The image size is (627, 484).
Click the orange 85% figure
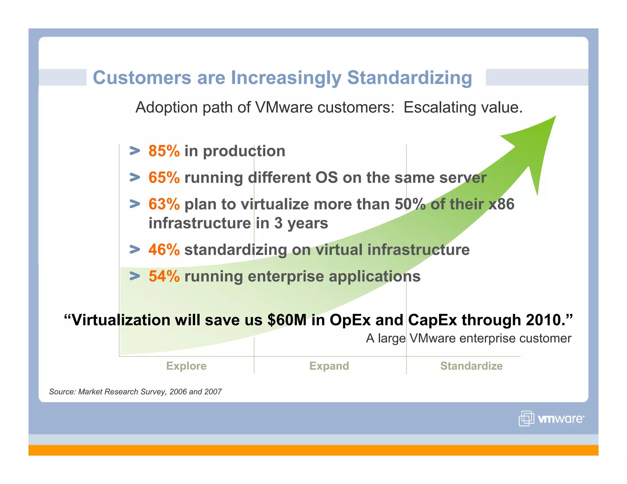pyautogui.click(x=164, y=151)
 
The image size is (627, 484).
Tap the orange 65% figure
pyautogui.click(x=164, y=178)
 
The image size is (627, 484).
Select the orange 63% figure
pyautogui.click(x=164, y=204)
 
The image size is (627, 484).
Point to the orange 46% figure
pyautogui.click(x=164, y=250)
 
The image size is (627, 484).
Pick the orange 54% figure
pyautogui.click(x=164, y=276)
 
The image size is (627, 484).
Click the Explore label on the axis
pyautogui.click(x=186, y=366)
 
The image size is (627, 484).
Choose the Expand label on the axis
pyautogui.click(x=329, y=366)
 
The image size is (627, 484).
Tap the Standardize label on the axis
pyautogui.click(x=471, y=366)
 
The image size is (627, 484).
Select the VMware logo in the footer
pyautogui.click(x=551, y=419)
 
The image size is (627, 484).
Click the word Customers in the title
pyautogui.click(x=142, y=78)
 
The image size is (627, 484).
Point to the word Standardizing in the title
pyautogui.click(x=409, y=78)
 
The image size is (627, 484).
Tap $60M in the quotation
pyautogui.click(x=287, y=320)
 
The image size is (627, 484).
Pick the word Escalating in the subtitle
pyautogui.click(x=440, y=108)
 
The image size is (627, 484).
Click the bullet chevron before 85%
pyautogui.click(x=135, y=151)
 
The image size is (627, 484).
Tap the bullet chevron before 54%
pyautogui.click(x=135, y=276)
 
